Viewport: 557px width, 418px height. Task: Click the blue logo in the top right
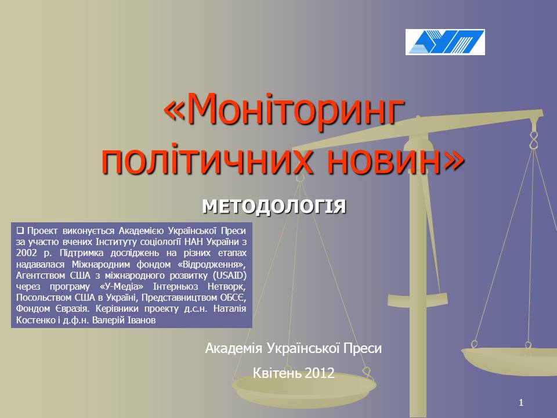(x=445, y=42)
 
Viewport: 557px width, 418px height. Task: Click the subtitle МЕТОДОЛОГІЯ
(x=274, y=207)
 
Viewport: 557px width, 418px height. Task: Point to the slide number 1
(x=521, y=402)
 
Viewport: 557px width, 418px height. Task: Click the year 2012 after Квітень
(x=319, y=373)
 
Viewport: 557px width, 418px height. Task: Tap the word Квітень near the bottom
(x=277, y=373)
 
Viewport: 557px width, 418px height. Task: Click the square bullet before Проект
(x=20, y=230)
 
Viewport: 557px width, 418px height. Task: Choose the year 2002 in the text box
(x=26, y=253)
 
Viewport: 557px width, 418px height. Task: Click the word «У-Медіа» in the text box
(x=121, y=286)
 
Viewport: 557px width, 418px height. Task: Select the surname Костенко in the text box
(x=35, y=320)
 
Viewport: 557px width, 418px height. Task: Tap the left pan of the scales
(x=304, y=389)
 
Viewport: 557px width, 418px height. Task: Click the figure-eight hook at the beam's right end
(x=533, y=140)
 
